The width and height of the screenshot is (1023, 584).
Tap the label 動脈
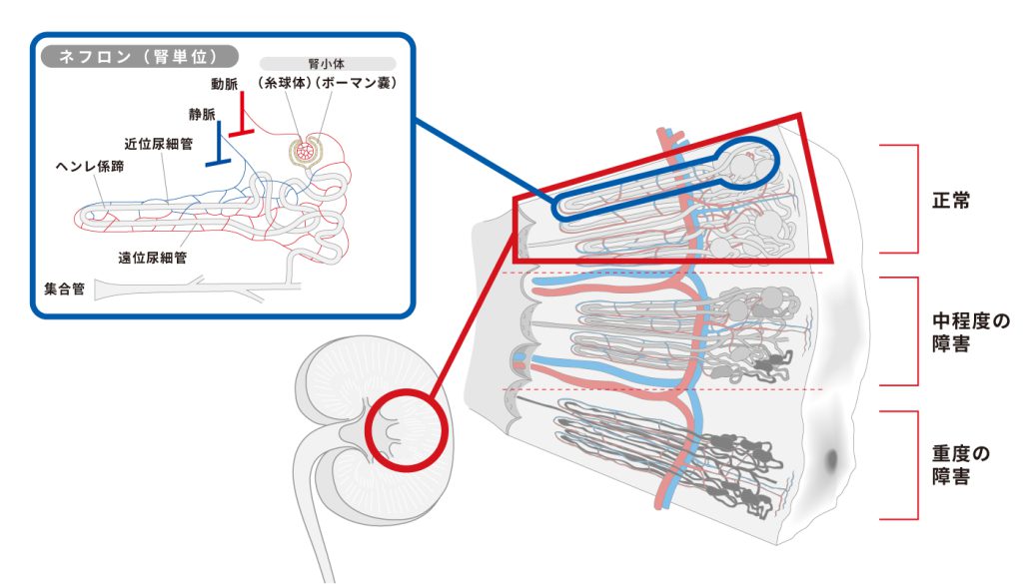tap(224, 83)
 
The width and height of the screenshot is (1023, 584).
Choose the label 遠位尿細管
tap(153, 257)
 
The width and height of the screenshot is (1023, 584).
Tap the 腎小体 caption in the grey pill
tap(321, 62)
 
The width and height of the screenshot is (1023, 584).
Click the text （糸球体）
tap(285, 84)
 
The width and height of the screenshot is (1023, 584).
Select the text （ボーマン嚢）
tap(356, 84)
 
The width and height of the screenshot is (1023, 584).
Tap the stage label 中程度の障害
tap(969, 332)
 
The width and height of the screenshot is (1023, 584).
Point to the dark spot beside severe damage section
tap(831, 460)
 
